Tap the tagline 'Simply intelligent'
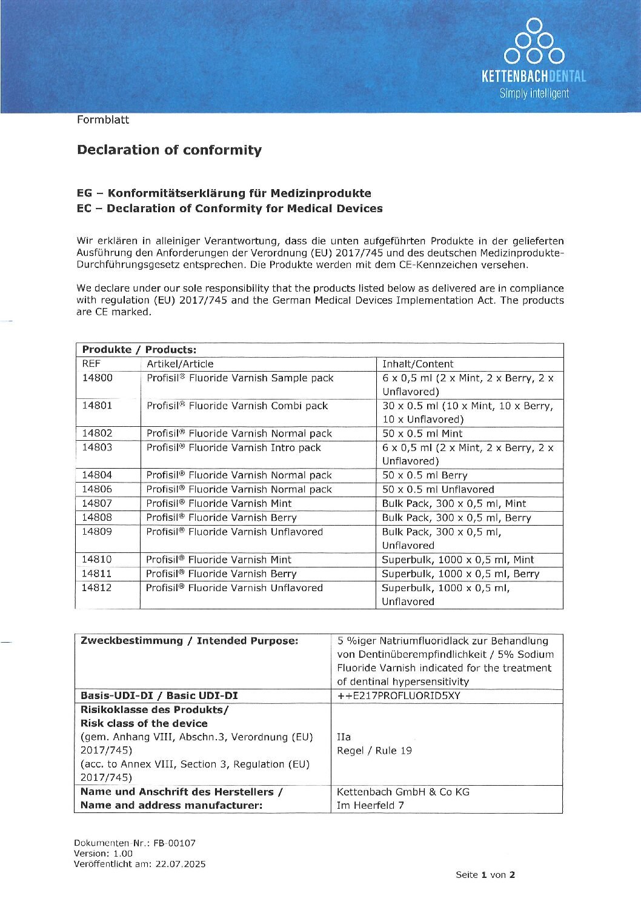tap(534, 93)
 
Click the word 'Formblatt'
tap(103, 119)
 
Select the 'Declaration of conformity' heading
tap(169, 150)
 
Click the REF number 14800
tap(98, 378)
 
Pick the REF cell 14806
tap(97, 489)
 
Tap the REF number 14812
tap(97, 587)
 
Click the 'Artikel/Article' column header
tap(180, 364)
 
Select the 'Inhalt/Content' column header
tap(417, 364)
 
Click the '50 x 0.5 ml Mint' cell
tap(422, 433)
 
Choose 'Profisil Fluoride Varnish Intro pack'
tap(233, 447)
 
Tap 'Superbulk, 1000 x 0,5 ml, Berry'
tap(460, 574)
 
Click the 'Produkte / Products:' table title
tap(139, 350)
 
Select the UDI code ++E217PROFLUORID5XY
tap(399, 695)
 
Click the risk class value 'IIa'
tap(344, 737)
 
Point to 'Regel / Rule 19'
tap(374, 751)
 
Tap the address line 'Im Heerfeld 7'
tap(370, 805)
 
